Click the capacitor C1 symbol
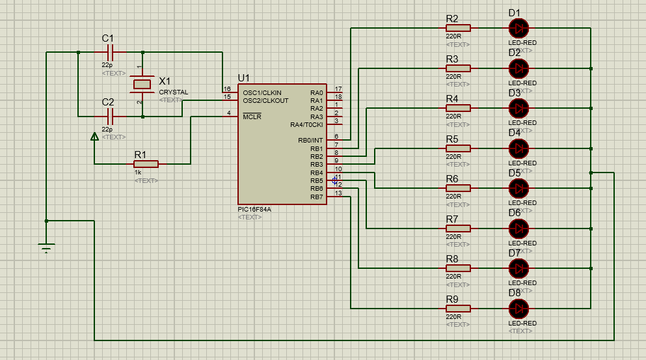point(110,52)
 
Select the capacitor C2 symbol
point(110,117)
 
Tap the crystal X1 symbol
point(141,85)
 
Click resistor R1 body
point(146,164)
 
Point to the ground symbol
point(46,247)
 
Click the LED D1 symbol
point(518,28)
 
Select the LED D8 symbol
point(518,308)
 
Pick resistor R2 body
point(458,28)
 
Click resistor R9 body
point(458,308)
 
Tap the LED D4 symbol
point(518,148)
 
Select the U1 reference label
point(244,77)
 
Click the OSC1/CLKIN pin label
point(262,92)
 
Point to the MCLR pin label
point(251,117)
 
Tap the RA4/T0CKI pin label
point(306,124)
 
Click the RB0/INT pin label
point(310,140)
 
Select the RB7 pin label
point(316,197)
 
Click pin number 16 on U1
point(227,89)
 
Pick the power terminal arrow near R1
point(94,137)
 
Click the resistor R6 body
point(458,188)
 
